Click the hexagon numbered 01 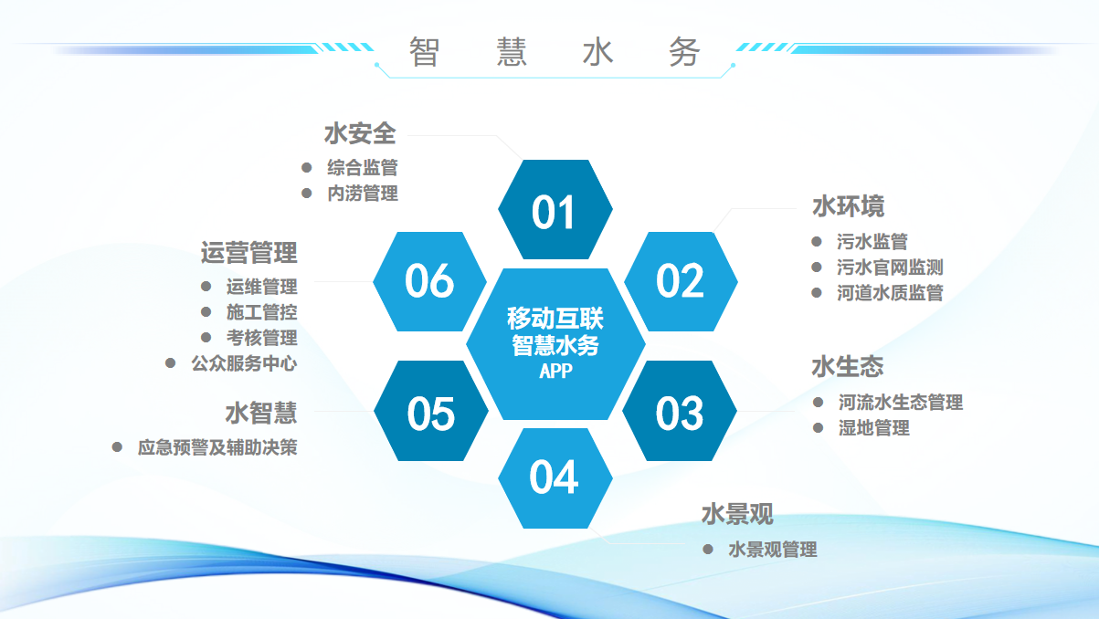pos(555,209)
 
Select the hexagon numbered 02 pos(681,281)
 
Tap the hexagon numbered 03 pos(680,411)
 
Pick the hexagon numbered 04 pos(555,478)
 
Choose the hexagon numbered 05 pos(431,411)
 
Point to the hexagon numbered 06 pos(429,281)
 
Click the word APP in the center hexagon pos(555,371)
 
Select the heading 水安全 pos(360,133)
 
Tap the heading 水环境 pos(849,206)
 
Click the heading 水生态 pos(847,367)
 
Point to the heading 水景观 pos(737,514)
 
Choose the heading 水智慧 pos(261,413)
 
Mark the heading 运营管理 pos(248,253)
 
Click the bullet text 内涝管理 pos(363,194)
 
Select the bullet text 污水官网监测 pos(890,268)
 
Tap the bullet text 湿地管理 pos(873,428)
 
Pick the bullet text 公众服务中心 pos(244,363)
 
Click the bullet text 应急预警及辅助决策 pos(217,447)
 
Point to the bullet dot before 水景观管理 pos(707,549)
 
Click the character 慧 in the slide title pos(512,51)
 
